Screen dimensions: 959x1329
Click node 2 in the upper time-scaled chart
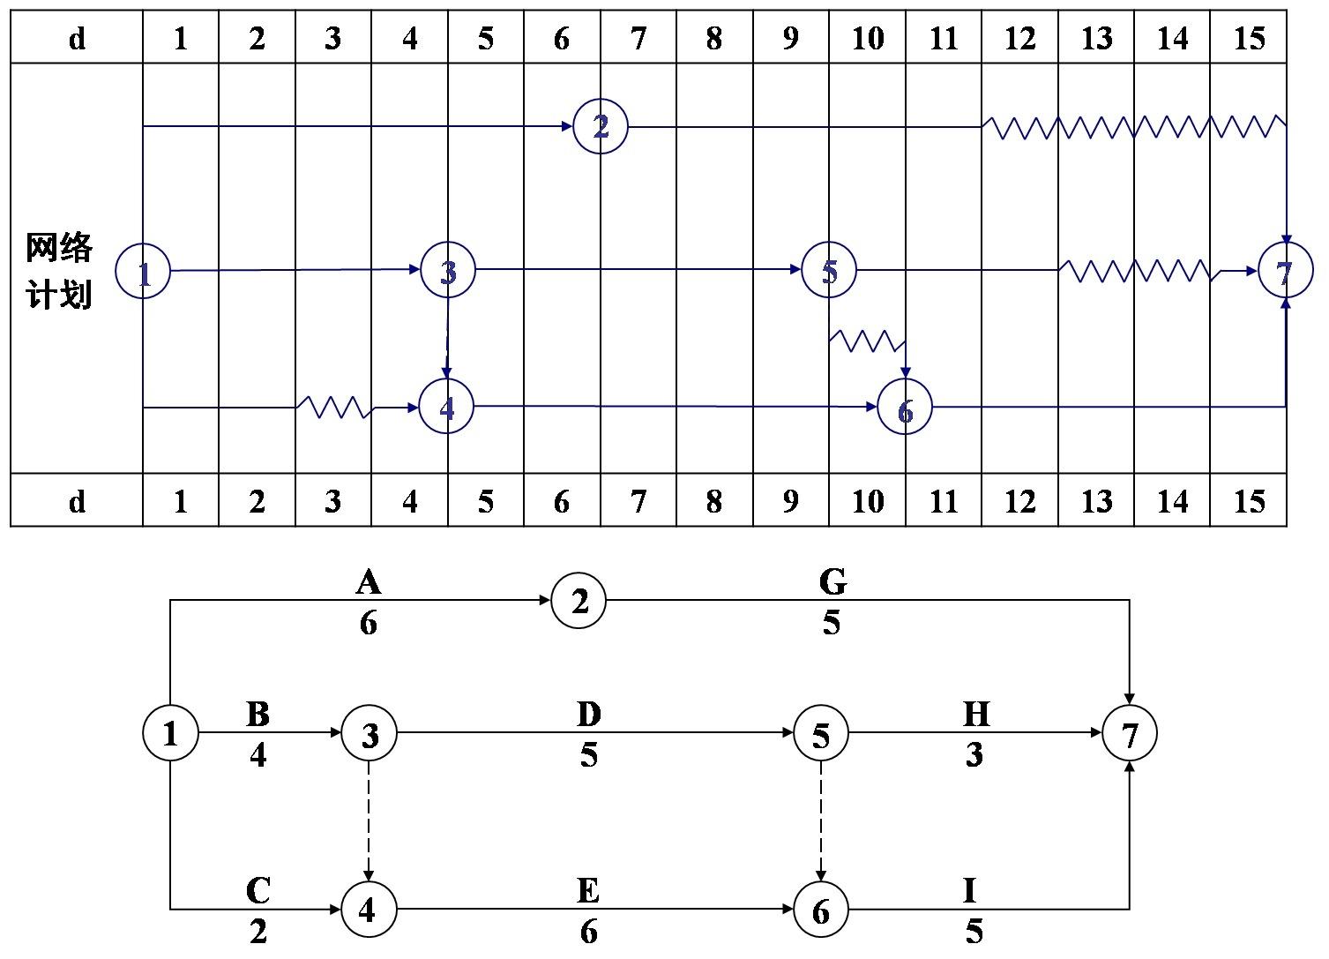point(601,126)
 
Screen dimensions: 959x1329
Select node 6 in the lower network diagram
point(820,910)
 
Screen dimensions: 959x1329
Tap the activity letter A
point(368,582)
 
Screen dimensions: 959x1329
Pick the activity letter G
point(832,582)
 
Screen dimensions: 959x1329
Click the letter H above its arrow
point(976,714)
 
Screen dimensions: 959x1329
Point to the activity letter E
point(588,891)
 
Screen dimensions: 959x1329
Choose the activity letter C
point(258,891)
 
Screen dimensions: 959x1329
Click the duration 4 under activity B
point(258,755)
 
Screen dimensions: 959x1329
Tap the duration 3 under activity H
point(974,755)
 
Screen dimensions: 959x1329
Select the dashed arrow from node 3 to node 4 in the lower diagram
point(369,820)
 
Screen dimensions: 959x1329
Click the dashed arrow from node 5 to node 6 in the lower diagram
point(821,820)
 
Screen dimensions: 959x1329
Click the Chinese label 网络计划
point(59,271)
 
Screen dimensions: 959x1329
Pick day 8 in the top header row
point(714,39)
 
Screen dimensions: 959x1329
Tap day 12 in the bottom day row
point(1019,501)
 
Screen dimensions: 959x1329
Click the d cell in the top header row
point(77,39)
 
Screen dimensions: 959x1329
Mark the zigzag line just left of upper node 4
point(333,407)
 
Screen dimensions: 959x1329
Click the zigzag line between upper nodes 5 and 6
point(867,340)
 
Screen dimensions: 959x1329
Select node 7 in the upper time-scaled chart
point(1285,271)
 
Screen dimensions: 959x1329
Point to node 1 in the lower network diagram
point(170,733)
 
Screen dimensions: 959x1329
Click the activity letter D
point(588,714)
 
